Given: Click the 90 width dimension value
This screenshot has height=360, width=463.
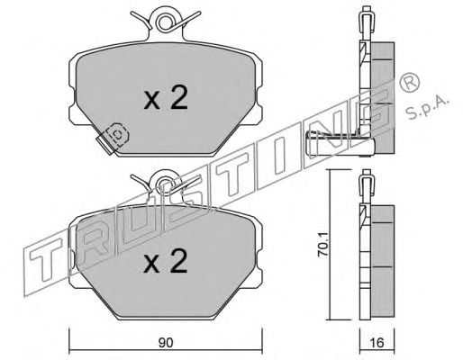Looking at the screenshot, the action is point(166,343).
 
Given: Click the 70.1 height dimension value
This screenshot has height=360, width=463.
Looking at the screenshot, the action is point(322,245).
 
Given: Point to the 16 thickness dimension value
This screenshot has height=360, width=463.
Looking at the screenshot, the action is point(377,343).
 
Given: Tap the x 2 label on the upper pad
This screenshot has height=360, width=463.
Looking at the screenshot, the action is point(166,97).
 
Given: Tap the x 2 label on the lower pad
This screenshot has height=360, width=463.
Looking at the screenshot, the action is point(166,261).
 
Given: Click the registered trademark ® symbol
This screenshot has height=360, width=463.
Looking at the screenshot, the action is point(409,82).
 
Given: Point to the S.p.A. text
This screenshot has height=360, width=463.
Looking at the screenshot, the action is point(427,108).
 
